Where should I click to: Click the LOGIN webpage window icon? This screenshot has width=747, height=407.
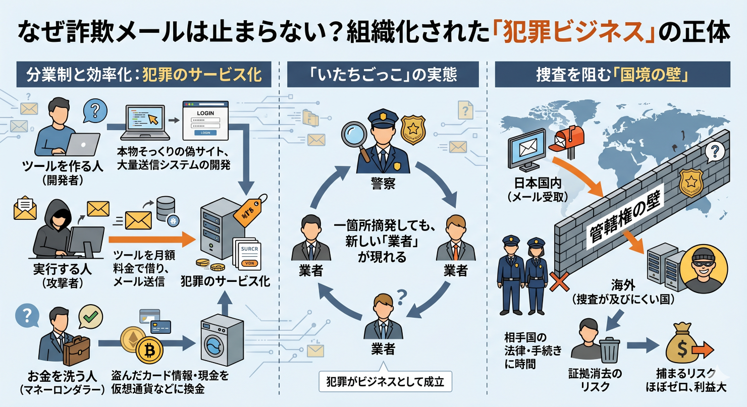pyautogui.click(x=205, y=121)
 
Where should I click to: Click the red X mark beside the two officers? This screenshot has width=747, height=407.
pyautogui.click(x=558, y=283)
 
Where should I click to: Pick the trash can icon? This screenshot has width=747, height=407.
pyautogui.click(x=609, y=349)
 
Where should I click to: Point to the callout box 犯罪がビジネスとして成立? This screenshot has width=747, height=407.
pyautogui.click(x=385, y=381)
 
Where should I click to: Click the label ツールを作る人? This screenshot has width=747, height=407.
pyautogui.click(x=63, y=165)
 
